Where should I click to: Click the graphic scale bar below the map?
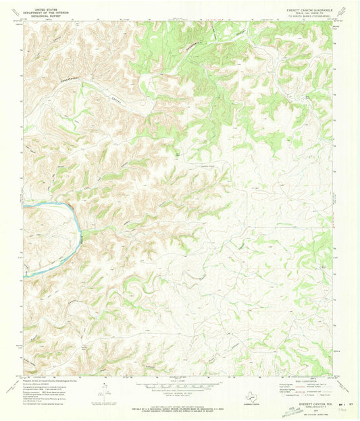[x=179, y=385]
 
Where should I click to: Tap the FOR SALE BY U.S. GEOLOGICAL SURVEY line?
[x=179, y=404]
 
